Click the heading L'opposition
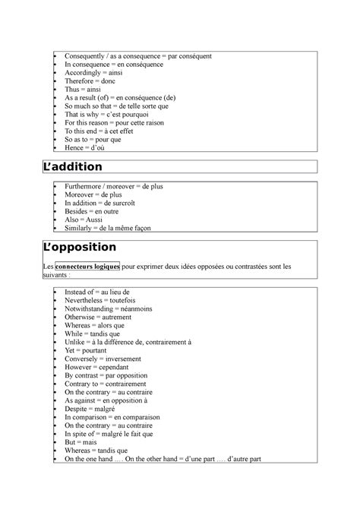pos(81,247)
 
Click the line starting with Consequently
pos(137,56)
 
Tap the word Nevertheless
pos(86,300)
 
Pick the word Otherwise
pos(82,318)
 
